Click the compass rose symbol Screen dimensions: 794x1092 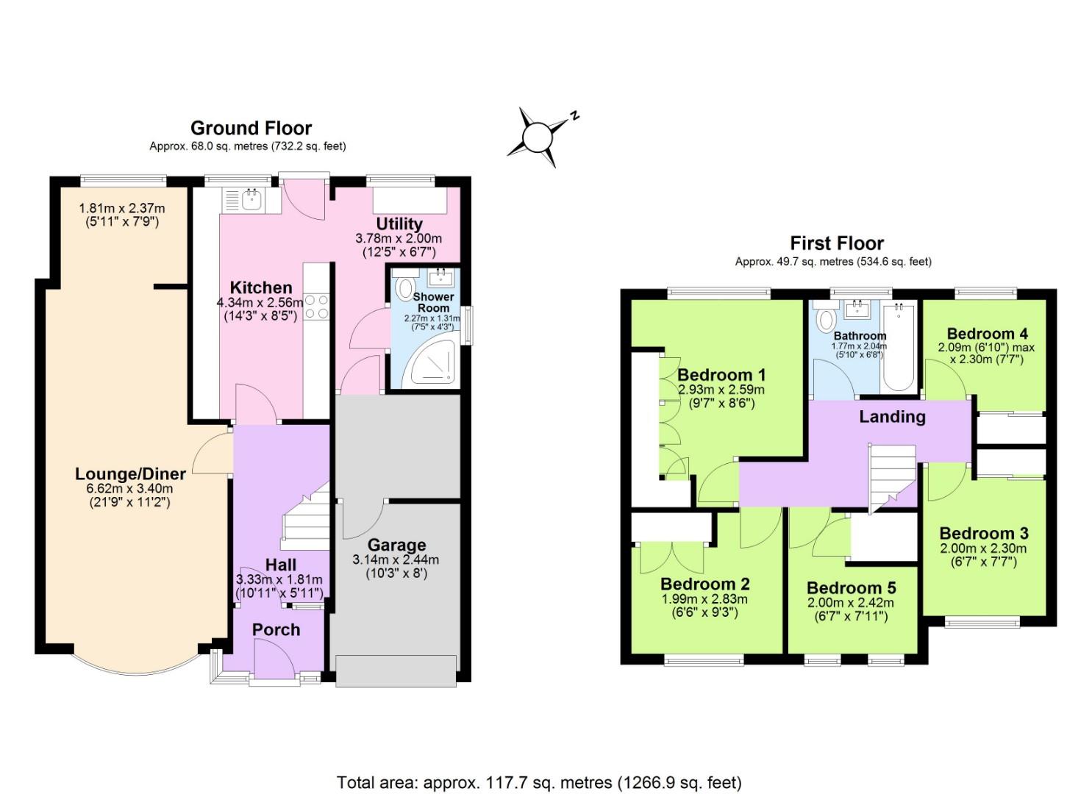point(538,136)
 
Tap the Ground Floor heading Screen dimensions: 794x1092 point(251,128)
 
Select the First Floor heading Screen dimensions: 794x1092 point(836,243)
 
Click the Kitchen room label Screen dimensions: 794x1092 point(260,287)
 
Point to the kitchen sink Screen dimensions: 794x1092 point(251,198)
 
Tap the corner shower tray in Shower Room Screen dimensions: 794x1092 point(433,366)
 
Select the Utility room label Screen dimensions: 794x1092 point(399,223)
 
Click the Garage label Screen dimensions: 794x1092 point(396,545)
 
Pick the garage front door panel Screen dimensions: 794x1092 point(396,670)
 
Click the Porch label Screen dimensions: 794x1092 point(276,629)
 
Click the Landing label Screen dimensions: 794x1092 point(891,417)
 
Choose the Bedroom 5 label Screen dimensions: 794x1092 point(851,588)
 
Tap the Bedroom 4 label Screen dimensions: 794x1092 point(986,333)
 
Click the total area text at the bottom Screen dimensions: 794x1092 point(539,782)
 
